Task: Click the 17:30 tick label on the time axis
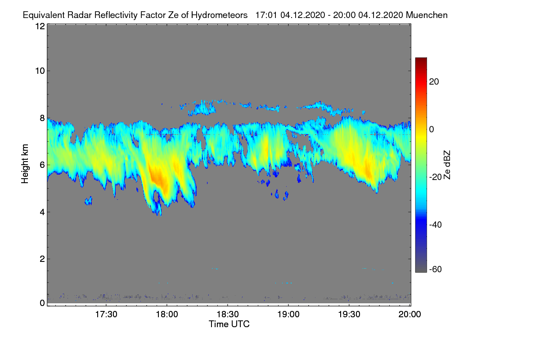pyautogui.click(x=106, y=314)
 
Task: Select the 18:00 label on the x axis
pyautogui.click(x=167, y=314)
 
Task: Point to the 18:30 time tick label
pyautogui.click(x=228, y=314)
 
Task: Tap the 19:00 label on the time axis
pyautogui.click(x=288, y=314)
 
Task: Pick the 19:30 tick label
pyautogui.click(x=349, y=314)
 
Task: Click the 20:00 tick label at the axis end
pyautogui.click(x=410, y=314)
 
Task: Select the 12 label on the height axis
pyautogui.click(x=40, y=26)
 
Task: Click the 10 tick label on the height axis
pyautogui.click(x=40, y=71)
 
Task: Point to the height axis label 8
pyautogui.click(x=42, y=118)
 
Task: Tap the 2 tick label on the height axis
pyautogui.click(x=42, y=259)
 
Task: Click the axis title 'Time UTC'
pyautogui.click(x=229, y=324)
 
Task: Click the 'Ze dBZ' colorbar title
pyautogui.click(x=447, y=164)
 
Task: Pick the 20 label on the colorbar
pyautogui.click(x=434, y=82)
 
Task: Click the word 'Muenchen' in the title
pyautogui.click(x=427, y=15)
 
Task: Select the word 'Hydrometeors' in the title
pyautogui.click(x=219, y=15)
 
